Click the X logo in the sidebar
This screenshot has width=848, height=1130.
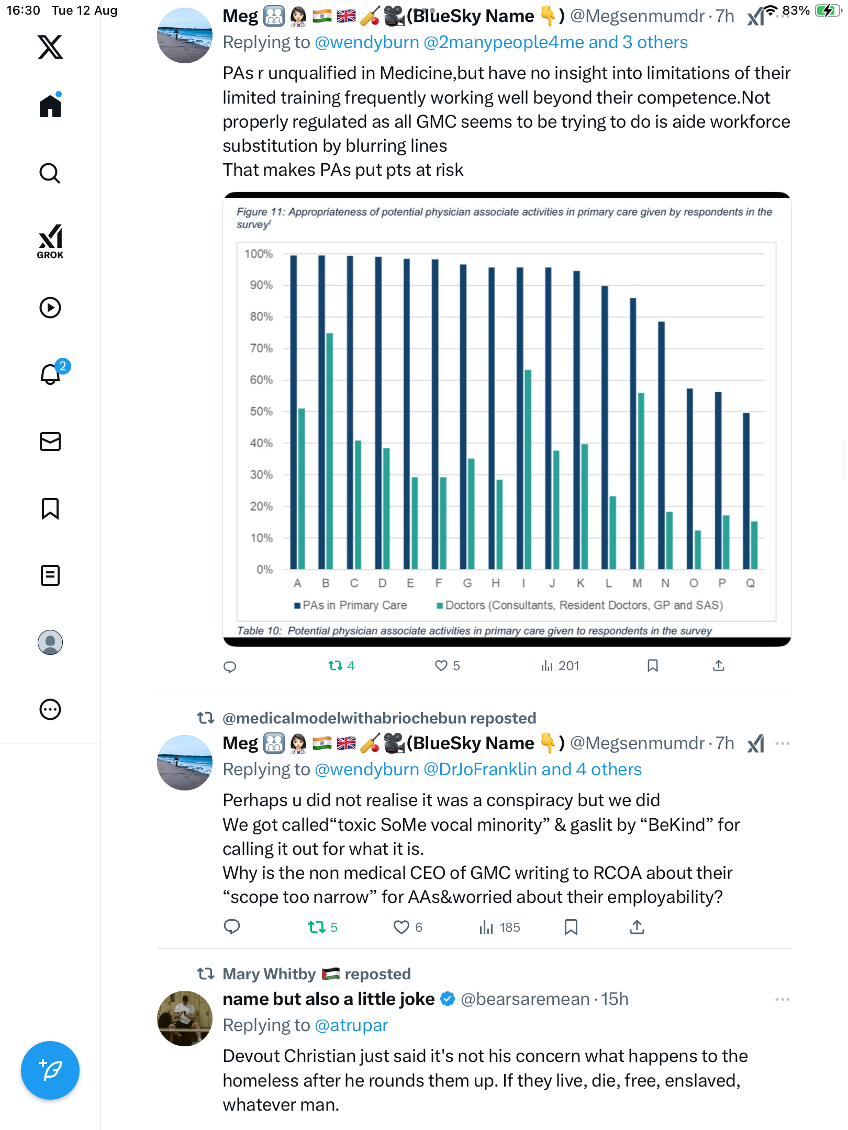click(x=50, y=47)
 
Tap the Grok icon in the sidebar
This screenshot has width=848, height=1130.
click(x=50, y=241)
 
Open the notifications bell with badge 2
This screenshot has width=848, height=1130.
click(x=51, y=375)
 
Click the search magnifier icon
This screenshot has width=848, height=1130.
click(x=50, y=173)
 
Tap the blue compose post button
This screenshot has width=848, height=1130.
click(x=50, y=1070)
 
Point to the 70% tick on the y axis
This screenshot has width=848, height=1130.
click(x=261, y=348)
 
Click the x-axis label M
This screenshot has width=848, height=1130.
click(x=637, y=583)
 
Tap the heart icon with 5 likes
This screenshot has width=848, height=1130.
click(x=441, y=665)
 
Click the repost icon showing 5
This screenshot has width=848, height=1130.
click(x=317, y=928)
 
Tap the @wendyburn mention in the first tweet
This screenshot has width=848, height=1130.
click(x=367, y=42)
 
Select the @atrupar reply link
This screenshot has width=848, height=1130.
click(x=351, y=1025)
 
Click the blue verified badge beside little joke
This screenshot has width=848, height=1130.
click(x=448, y=999)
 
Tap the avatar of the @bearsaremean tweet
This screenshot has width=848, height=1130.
click(x=185, y=1019)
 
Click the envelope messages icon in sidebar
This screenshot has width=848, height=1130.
click(x=50, y=442)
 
